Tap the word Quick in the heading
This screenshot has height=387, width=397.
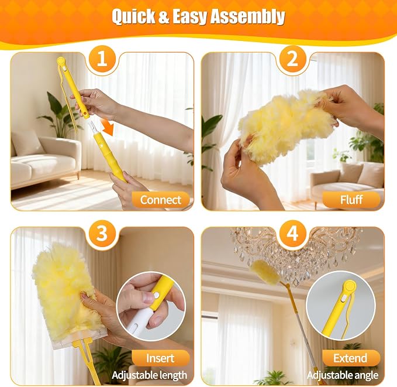pyautogui.click(x=133, y=16)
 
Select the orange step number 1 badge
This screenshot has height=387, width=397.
pyautogui.click(x=102, y=59)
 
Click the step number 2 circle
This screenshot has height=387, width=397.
pyautogui.click(x=293, y=59)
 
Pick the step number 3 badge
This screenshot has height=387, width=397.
pyautogui.click(x=102, y=234)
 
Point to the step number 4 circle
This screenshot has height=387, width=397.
pyautogui.click(x=293, y=234)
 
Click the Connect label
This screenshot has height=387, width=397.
pyautogui.click(x=161, y=200)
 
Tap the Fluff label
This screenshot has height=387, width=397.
pyautogui.click(x=351, y=200)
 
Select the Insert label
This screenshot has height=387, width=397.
pyautogui.click(x=161, y=358)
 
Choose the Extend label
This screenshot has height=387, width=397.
pyautogui.click(x=351, y=358)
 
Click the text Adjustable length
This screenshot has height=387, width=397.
pyautogui.click(x=149, y=375)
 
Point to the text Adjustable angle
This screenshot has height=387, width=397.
pyautogui.click(x=343, y=375)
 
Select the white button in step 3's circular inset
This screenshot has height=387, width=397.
pyautogui.click(x=157, y=295)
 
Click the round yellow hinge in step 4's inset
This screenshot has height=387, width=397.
pyautogui.click(x=350, y=286)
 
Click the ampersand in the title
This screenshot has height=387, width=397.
pyautogui.click(x=164, y=17)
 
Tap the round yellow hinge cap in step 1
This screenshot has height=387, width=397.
pyautogui.click(x=61, y=61)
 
